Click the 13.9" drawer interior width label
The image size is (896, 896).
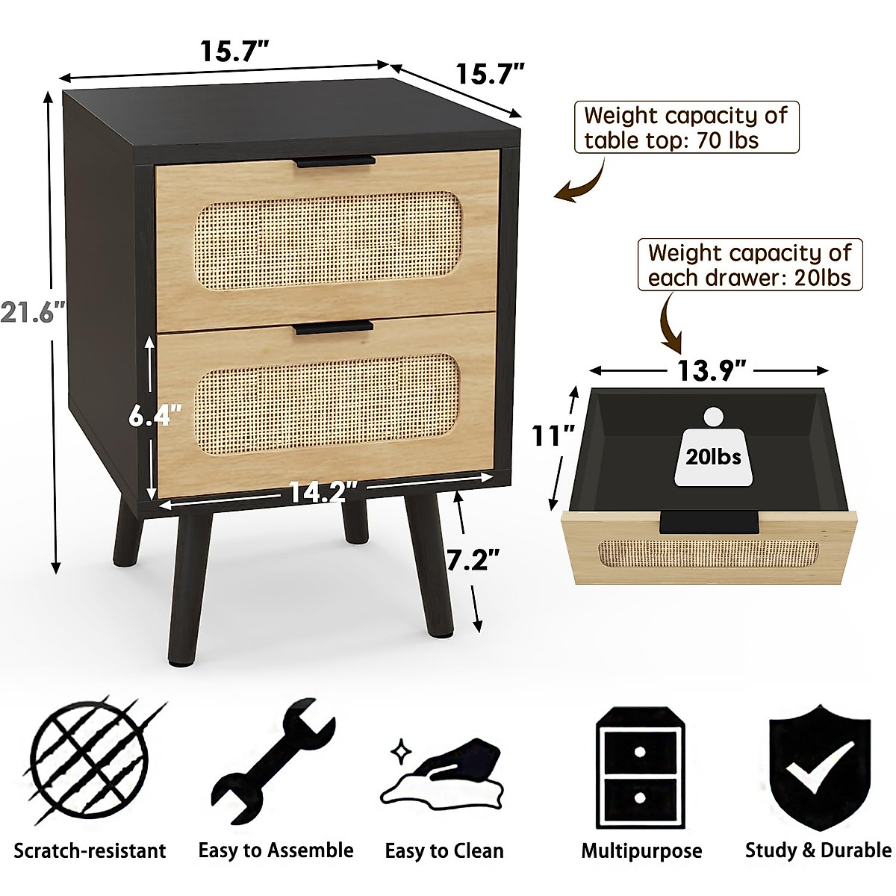710,370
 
